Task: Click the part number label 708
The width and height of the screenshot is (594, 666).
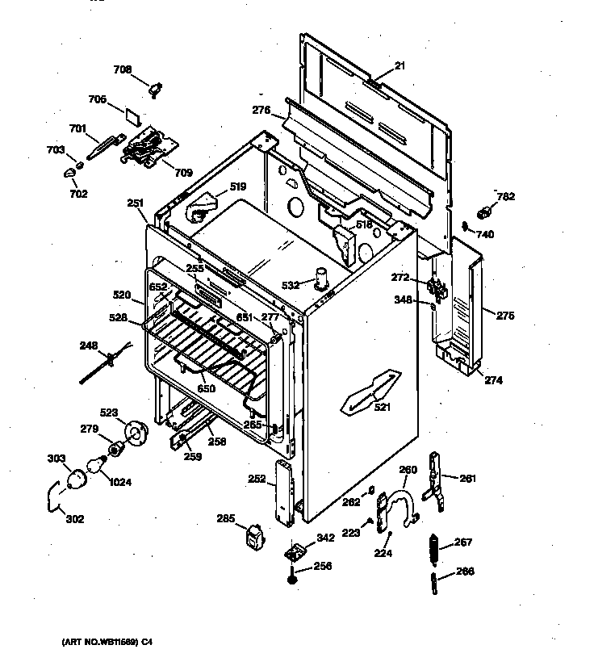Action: click(x=122, y=70)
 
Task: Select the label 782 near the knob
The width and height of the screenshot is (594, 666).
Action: click(x=505, y=196)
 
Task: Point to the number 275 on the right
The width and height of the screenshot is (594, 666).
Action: click(x=505, y=316)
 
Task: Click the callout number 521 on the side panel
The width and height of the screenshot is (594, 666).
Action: click(x=383, y=408)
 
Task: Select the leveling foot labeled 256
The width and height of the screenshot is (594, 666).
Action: click(x=291, y=578)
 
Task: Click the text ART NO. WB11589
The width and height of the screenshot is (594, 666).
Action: click(x=107, y=643)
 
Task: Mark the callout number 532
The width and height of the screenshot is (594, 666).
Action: click(x=291, y=285)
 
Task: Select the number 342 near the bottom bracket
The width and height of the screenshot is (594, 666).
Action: click(x=325, y=537)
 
